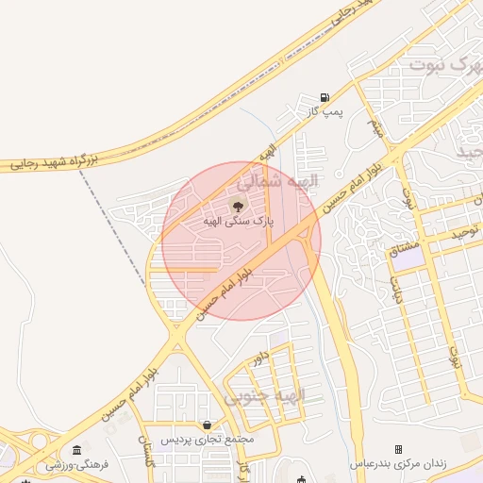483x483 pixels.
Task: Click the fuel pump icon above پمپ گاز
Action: (x=325, y=97)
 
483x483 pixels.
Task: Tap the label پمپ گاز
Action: (x=322, y=112)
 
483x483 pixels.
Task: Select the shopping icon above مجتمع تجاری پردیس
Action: (x=207, y=425)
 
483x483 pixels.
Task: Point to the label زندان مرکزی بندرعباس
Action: (x=398, y=464)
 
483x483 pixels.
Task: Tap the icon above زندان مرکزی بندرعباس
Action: (x=398, y=449)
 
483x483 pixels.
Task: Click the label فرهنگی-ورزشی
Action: (x=78, y=464)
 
